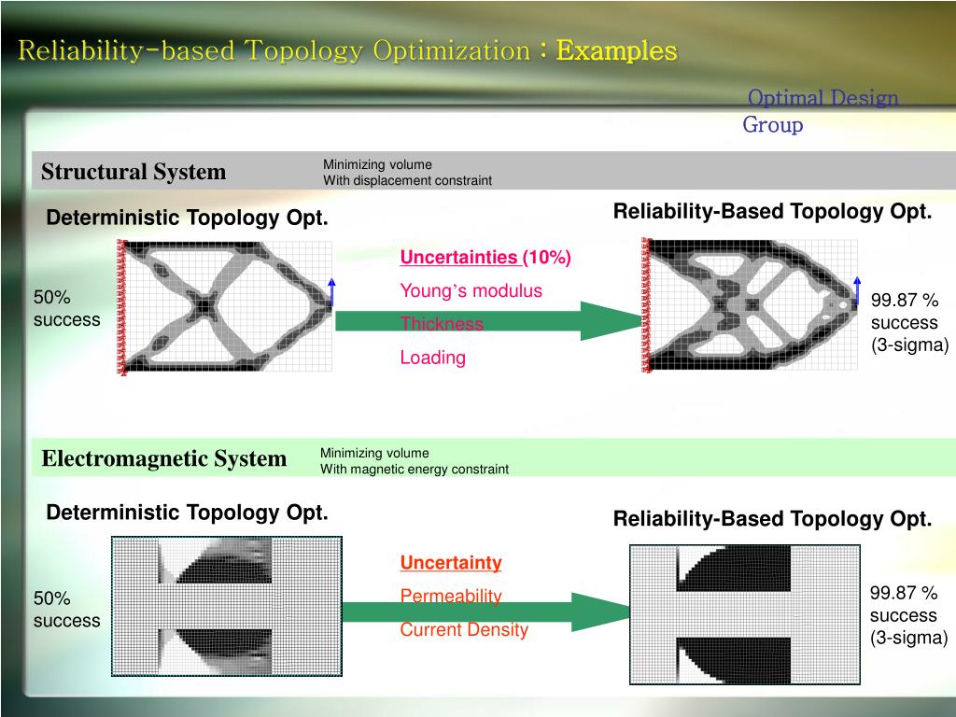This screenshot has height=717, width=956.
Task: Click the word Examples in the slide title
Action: (x=616, y=50)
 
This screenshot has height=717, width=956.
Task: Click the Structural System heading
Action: (x=134, y=172)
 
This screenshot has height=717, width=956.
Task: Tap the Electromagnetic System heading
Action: (x=164, y=458)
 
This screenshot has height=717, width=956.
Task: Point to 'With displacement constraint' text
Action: (x=407, y=180)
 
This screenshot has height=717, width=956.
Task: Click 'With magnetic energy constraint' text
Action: (x=415, y=469)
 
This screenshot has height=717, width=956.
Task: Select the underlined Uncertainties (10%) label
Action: (x=485, y=258)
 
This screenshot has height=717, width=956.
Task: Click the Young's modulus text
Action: (x=471, y=290)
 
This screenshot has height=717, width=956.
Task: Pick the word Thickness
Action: (x=442, y=324)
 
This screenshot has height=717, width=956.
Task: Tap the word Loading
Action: (x=432, y=358)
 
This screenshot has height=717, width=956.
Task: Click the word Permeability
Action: (x=451, y=596)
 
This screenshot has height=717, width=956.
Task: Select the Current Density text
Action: (x=464, y=629)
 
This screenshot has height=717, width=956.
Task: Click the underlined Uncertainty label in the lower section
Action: (x=451, y=563)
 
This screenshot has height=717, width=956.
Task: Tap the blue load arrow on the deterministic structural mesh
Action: (x=331, y=291)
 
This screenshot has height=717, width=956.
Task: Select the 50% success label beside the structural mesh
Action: (x=66, y=308)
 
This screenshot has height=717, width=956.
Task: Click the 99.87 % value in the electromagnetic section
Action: (x=904, y=593)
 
